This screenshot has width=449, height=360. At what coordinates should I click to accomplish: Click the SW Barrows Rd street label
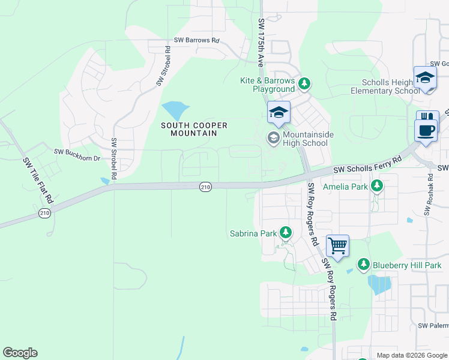coord(197,40)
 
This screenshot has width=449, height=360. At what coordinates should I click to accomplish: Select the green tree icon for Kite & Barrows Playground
coord(304,83)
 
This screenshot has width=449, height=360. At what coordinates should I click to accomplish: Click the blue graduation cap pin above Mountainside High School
coord(279,112)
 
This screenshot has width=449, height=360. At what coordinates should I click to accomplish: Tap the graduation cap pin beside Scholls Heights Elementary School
coord(425,78)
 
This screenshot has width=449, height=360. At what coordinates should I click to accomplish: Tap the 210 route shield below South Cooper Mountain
coord(205,187)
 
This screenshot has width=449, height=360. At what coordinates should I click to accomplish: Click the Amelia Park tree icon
coord(377,186)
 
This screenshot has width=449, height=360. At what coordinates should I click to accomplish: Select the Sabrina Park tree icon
coord(285,232)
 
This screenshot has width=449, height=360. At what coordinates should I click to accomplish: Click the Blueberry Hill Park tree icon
coord(363,265)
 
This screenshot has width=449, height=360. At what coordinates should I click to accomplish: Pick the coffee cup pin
coord(426,130)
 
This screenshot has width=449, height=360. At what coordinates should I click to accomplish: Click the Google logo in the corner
coord(20,353)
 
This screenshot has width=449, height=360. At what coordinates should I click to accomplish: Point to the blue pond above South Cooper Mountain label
coord(175,110)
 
